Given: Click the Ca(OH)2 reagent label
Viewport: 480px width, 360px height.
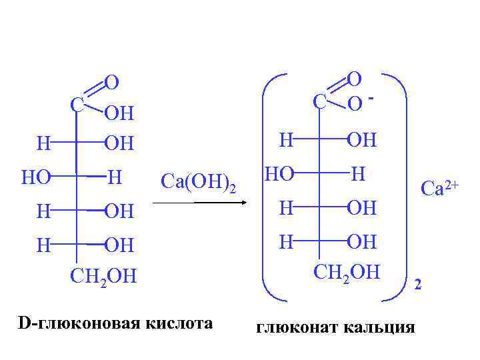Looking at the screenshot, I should coord(199,181).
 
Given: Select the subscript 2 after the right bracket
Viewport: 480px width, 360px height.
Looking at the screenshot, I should coord(418,285).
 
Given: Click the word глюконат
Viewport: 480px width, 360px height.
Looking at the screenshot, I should coord(293,327).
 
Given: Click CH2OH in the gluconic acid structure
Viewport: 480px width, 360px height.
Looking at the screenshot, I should coord(103,276).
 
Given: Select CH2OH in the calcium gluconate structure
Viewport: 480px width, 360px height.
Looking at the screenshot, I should coord(346,272).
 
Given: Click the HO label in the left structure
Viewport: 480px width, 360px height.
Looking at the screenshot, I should coord(36,177).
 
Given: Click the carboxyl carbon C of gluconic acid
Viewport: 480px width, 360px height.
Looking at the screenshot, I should coord(77,104).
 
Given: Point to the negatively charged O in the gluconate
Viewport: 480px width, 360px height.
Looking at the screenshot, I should coord(355,104).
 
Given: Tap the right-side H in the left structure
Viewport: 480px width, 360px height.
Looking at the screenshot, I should coord(115,177).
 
